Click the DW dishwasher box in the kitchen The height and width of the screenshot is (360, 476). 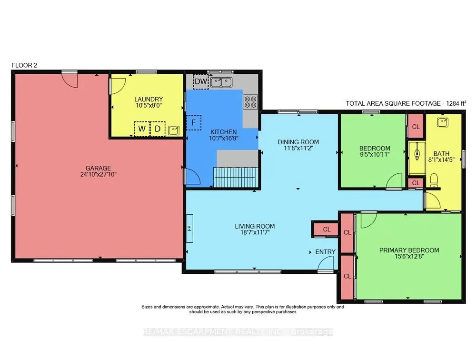201,81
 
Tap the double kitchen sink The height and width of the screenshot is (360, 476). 221,82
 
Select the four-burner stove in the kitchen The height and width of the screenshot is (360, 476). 250,101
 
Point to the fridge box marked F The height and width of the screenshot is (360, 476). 193,123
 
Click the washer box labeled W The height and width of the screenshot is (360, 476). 142,129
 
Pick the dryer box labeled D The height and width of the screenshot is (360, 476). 158,129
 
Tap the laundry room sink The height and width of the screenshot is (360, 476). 173,130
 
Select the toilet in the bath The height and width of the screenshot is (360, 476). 434,180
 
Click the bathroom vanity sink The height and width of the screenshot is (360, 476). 442,122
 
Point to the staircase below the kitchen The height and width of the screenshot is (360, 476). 236,178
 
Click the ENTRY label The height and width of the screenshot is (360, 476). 326,252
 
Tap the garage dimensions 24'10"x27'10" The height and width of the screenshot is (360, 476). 99,174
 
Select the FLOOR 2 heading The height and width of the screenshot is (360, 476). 24,65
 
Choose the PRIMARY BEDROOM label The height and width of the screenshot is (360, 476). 409,250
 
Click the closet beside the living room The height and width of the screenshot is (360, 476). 326,230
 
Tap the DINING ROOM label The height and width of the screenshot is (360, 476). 298,142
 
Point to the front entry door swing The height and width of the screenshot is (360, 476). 326,263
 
